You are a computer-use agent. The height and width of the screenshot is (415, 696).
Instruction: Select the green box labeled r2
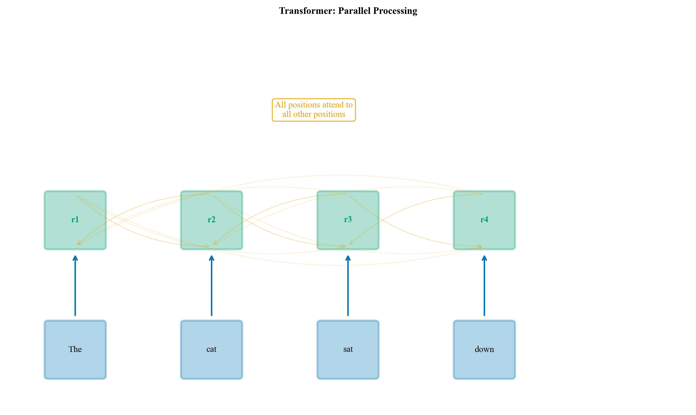pos(196,232)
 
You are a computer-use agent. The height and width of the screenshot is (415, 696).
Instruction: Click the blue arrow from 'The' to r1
pos(75,288)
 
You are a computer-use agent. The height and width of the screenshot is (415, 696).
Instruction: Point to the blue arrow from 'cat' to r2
pos(212,288)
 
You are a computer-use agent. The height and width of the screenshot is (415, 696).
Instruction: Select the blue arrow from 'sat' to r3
pos(348,288)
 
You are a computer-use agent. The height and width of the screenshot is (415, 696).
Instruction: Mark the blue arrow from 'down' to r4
pos(484,288)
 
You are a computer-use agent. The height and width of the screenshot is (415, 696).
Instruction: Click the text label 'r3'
pos(348,219)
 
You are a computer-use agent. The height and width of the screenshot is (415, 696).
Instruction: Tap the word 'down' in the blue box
pos(484,349)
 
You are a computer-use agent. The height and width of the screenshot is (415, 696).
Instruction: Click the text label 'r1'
pos(75,219)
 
